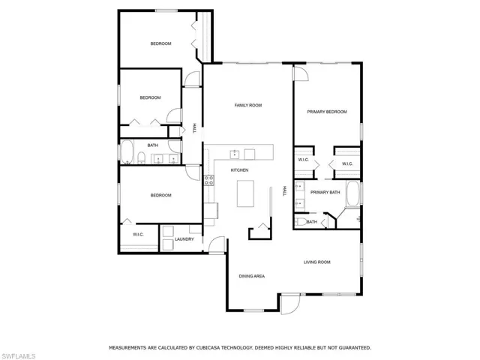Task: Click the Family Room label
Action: tap(248, 105)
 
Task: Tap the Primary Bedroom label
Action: tap(327, 112)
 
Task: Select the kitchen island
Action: tap(245, 193)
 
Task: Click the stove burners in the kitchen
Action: tap(209, 180)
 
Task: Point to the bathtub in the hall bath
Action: tap(127, 151)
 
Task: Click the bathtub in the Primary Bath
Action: tap(353, 194)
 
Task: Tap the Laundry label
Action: tap(184, 239)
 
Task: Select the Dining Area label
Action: tap(252, 276)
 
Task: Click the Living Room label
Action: tap(316, 262)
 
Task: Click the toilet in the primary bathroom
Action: tap(301, 222)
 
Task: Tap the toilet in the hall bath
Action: tap(141, 157)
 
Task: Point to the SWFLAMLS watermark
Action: tap(18, 356)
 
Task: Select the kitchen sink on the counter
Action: tap(235, 154)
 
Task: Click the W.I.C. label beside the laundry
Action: tap(138, 235)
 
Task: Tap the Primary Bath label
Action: tap(325, 192)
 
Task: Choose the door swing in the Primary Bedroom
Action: tap(301, 73)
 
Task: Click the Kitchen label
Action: tap(239, 170)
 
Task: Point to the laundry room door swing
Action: tap(217, 244)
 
